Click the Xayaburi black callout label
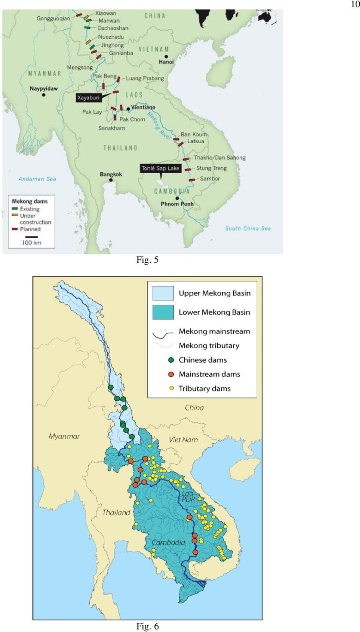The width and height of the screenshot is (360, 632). (x=88, y=98)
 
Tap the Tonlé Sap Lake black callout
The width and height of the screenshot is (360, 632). (x=160, y=168)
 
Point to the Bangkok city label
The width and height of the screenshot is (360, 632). (x=111, y=175)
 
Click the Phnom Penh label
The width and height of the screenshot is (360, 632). (x=177, y=204)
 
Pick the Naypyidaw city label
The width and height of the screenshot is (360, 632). (x=44, y=88)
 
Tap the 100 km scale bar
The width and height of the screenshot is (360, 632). (x=31, y=237)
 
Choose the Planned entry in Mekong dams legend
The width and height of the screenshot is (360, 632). (x=30, y=229)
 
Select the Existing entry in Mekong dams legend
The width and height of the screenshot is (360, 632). (x=29, y=209)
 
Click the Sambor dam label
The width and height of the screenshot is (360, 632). (x=210, y=179)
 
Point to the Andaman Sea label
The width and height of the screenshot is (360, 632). (x=37, y=179)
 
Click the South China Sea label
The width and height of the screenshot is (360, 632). (x=248, y=229)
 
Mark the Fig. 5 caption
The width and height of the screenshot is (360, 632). (x=147, y=260)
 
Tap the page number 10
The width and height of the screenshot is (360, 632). (x=355, y=4)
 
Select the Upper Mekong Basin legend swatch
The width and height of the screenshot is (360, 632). (x=163, y=293)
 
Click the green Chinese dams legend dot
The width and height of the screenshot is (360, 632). (x=171, y=360)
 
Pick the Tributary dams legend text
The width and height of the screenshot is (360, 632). (x=204, y=389)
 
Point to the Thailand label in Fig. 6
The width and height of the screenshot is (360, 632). (x=116, y=513)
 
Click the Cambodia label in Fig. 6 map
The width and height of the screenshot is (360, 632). (x=168, y=543)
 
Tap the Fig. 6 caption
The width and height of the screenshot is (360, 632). (x=147, y=626)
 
